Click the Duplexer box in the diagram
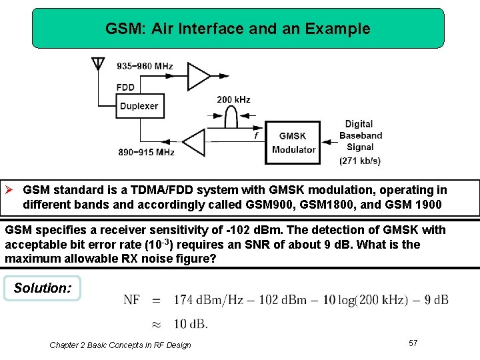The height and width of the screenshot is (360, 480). coord(139,106)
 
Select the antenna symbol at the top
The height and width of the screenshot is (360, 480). coord(98,64)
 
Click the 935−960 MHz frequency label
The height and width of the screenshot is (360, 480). coord(145,66)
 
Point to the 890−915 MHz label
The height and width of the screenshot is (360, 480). coord(146,152)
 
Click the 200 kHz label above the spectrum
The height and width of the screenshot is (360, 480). coord(233,100)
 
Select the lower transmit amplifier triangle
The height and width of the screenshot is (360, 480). coord(195,142)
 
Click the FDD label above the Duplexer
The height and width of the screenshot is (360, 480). coord(125,87)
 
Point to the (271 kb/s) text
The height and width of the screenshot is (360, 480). coord(360,161)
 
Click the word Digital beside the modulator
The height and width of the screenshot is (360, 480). coord(359,124)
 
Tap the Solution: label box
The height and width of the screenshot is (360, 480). coord(42,288)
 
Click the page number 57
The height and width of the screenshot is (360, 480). coord(413,343)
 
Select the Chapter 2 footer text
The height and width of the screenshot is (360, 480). coord(120,345)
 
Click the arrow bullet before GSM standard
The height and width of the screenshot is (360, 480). coord(11,190)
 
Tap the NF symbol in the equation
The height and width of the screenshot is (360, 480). coord(131,300)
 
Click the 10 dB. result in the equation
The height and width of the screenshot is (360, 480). coord(191,325)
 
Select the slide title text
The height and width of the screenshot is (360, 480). coord(237,29)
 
